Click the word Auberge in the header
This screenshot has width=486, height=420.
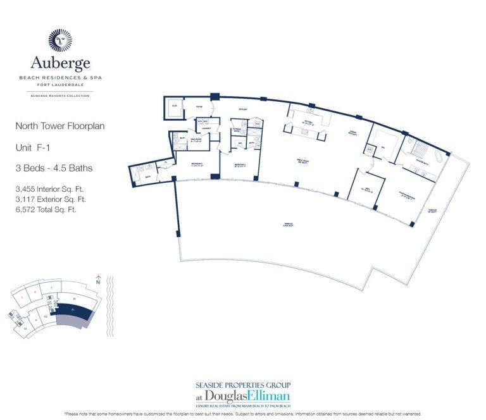click(x=60, y=63)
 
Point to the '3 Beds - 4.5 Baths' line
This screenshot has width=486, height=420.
click(x=54, y=168)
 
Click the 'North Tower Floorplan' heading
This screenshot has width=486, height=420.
click(x=59, y=126)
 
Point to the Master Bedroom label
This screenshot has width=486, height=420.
click(x=407, y=196)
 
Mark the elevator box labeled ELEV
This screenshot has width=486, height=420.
click(x=174, y=107)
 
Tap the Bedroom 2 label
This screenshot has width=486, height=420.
click(x=240, y=168)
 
